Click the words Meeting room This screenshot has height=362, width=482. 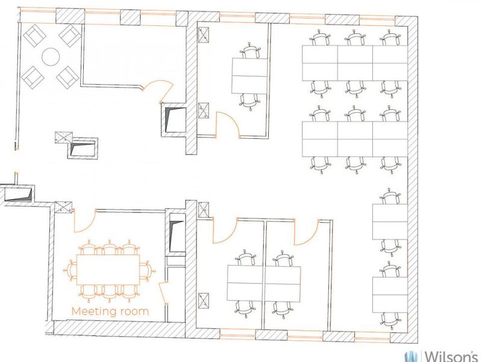pos(110,311)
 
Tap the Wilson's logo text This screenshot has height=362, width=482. pos(451,356)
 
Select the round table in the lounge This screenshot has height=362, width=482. pos(51,57)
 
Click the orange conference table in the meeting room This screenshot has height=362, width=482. pos(108,270)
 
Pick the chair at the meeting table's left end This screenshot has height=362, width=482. pos(70,270)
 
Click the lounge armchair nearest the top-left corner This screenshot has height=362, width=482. pos(35,36)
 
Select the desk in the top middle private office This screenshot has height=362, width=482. pos(249,76)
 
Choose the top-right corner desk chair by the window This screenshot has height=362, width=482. pos(390,38)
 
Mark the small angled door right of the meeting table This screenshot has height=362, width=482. pos(163,293)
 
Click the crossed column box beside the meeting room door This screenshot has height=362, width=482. pos(63,207)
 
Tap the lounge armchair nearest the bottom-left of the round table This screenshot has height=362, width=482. pos(33,77)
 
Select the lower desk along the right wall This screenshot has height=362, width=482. pos(390,294)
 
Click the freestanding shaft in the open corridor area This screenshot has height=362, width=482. pos(83,148)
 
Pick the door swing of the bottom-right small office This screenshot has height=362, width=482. pos(306,232)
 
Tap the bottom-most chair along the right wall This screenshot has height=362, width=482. pos(390,321)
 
